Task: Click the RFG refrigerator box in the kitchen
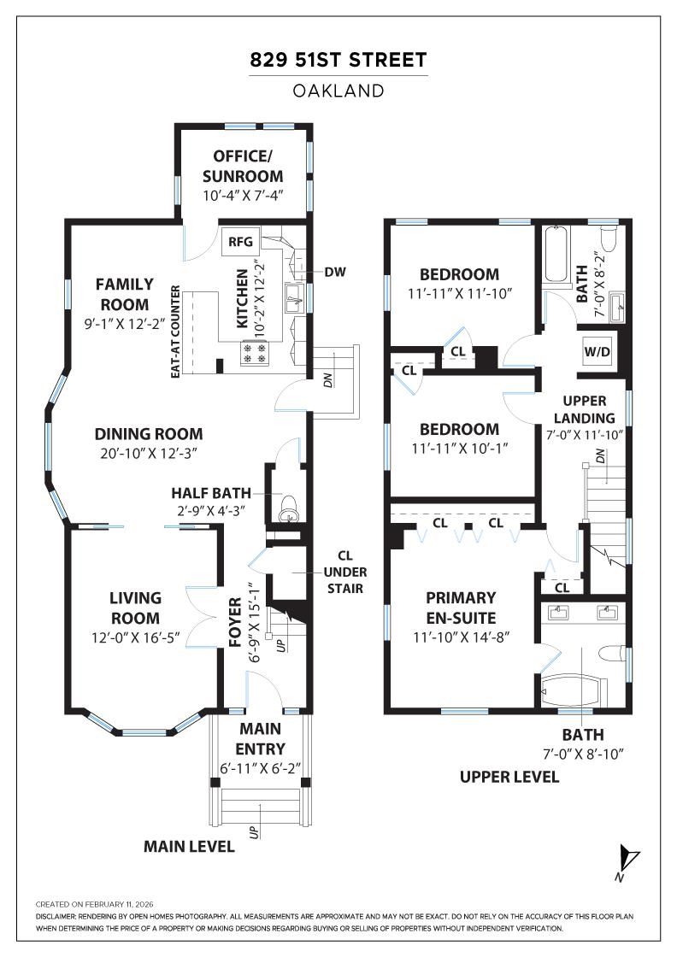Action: [x=240, y=242]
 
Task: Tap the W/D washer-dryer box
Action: [x=597, y=351]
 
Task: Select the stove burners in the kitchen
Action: [x=256, y=353]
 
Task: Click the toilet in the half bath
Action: [x=287, y=508]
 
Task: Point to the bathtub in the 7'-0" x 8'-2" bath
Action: [x=556, y=255]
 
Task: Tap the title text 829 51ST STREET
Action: [x=338, y=61]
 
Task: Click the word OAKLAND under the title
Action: [x=338, y=91]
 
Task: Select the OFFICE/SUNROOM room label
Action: [x=243, y=166]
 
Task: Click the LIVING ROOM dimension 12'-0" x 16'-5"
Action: [x=136, y=637]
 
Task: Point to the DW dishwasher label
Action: [x=334, y=272]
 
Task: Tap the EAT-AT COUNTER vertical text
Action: [x=176, y=332]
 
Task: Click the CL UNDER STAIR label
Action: [x=344, y=572]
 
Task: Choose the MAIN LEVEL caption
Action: [x=189, y=847]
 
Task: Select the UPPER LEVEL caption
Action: [x=509, y=777]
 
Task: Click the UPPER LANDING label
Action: [x=584, y=409]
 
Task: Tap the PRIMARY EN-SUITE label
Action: [x=461, y=608]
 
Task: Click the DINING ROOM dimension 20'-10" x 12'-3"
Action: [x=149, y=454]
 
